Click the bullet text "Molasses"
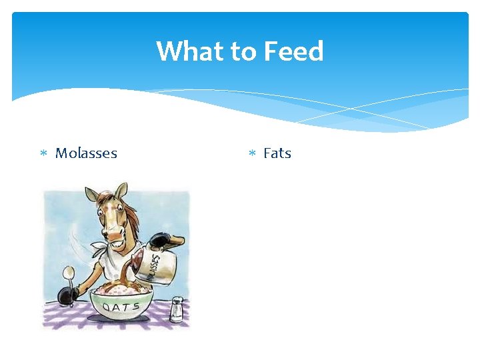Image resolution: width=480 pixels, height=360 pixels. [x=86, y=153]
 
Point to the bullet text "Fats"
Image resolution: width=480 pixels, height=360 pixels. [x=277, y=153]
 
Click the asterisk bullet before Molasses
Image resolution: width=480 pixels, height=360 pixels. [x=43, y=154]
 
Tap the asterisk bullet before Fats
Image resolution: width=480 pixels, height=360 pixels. [x=252, y=154]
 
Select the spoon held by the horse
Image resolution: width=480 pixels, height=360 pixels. [x=68, y=275]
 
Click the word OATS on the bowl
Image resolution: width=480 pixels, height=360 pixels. [x=120, y=307]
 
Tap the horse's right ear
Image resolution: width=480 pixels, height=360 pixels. [x=121, y=191]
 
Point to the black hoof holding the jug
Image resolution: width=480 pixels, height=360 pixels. [x=159, y=241]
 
